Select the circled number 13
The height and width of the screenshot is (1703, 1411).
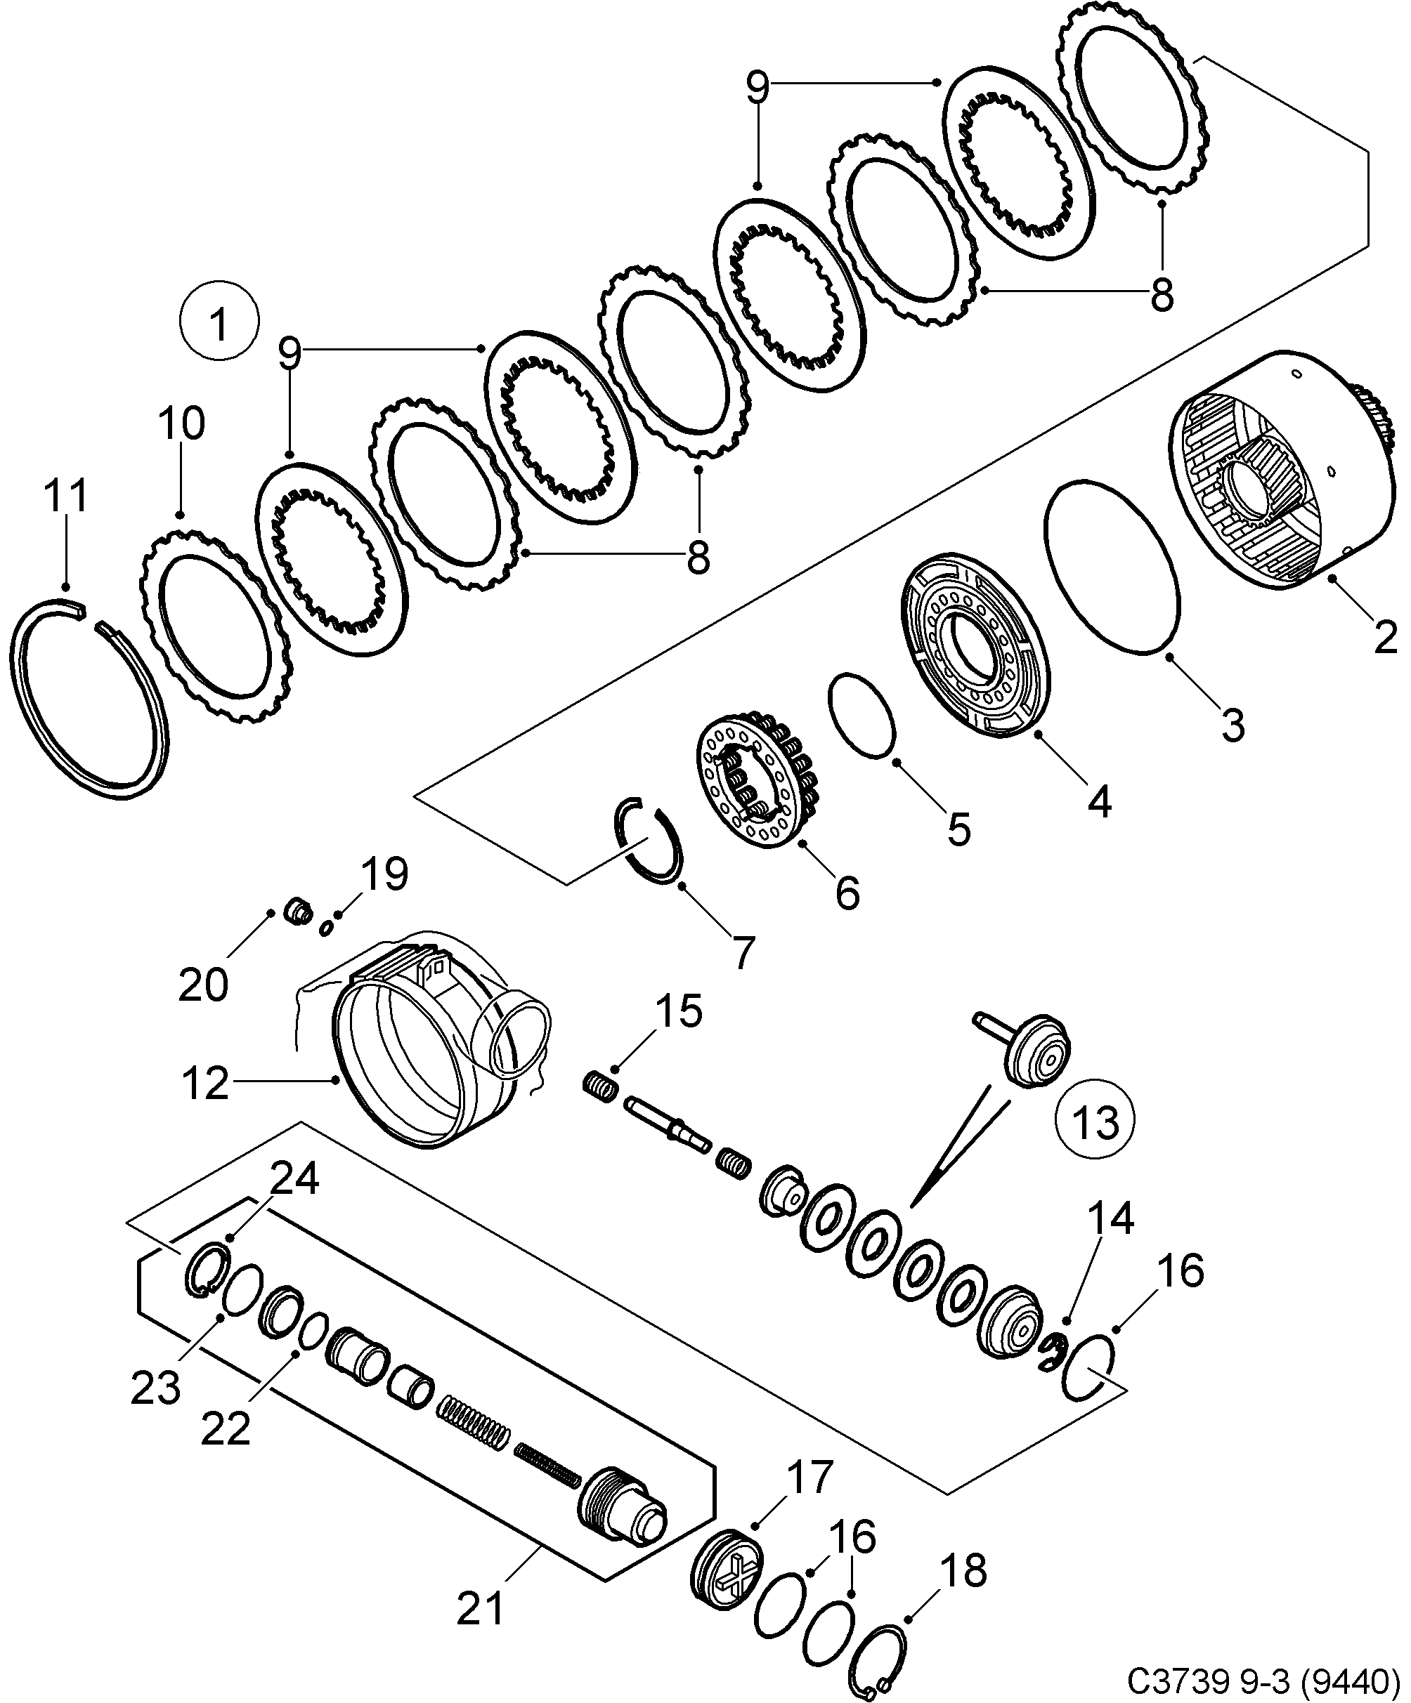(x=1095, y=1122)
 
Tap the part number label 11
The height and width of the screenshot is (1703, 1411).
(x=66, y=497)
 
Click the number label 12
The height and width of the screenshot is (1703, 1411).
(x=205, y=1083)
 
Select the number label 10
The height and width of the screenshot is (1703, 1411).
(x=181, y=423)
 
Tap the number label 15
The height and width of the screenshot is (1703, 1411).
(x=678, y=1012)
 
